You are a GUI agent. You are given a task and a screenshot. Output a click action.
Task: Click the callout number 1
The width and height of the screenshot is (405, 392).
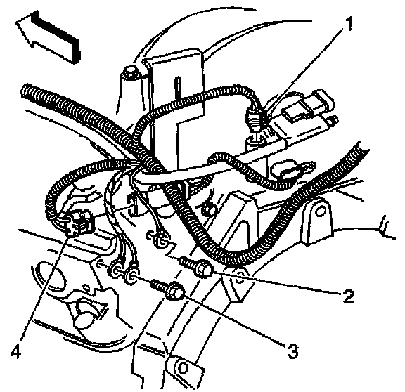(349, 25)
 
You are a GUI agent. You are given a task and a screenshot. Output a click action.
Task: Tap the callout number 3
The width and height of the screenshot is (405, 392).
(292, 351)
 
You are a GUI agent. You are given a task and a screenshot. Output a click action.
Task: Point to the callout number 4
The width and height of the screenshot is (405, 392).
(16, 352)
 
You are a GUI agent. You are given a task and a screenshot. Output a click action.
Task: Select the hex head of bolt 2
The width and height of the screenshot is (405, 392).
(206, 268)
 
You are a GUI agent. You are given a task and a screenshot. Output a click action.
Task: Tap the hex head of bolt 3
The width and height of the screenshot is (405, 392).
(176, 291)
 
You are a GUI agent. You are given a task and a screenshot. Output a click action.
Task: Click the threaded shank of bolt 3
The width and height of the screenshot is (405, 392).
(159, 285)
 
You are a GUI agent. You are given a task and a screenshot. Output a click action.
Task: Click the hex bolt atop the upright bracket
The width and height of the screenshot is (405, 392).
(131, 73)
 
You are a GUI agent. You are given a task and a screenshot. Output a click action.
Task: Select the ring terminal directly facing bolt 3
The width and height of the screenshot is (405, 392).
(131, 273)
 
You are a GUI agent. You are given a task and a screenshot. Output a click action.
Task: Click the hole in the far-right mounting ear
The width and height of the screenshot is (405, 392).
(320, 211)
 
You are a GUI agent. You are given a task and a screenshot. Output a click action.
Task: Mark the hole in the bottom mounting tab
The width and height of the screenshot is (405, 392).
(183, 367)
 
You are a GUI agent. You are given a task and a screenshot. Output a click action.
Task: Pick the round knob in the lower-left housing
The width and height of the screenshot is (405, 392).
(83, 318)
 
